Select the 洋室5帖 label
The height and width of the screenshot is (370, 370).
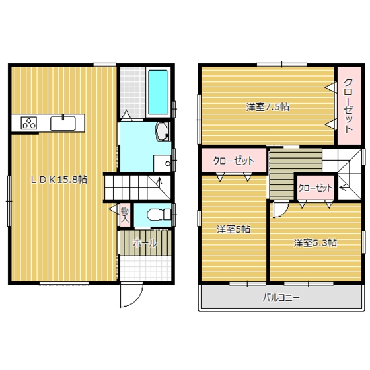[233, 229]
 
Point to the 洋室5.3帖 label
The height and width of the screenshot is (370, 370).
[315, 242]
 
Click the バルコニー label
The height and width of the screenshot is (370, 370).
[282, 297]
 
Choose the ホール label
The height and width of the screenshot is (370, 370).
[145, 242]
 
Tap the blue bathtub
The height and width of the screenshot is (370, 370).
[159, 92]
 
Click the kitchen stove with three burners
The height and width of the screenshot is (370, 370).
[30, 122]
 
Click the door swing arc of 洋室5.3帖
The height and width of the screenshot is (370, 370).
[281, 208]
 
